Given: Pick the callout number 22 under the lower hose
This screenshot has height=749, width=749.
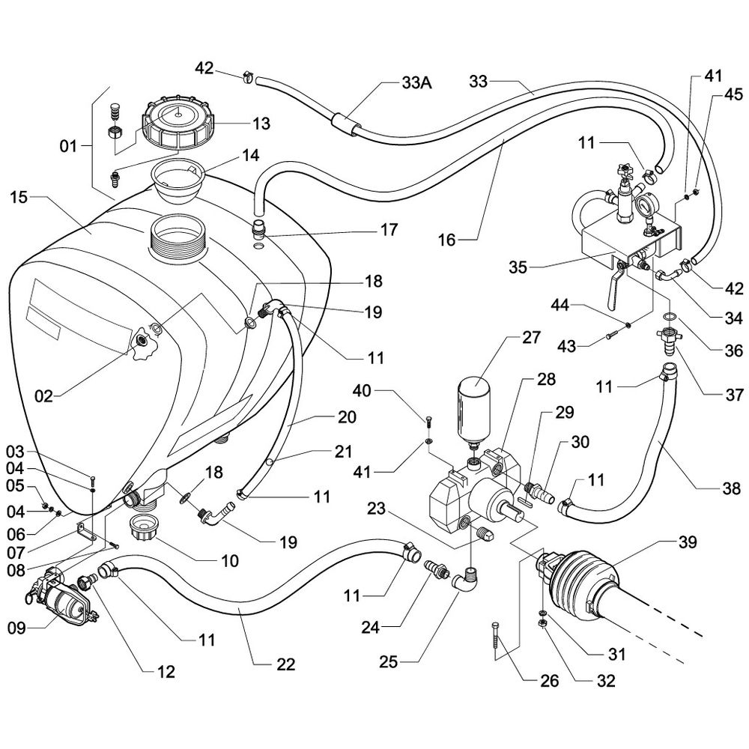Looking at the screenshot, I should click(285, 664).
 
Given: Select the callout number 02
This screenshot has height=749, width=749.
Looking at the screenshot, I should click(43, 395).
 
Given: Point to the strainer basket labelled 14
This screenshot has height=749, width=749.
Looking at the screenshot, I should click(175, 179).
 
